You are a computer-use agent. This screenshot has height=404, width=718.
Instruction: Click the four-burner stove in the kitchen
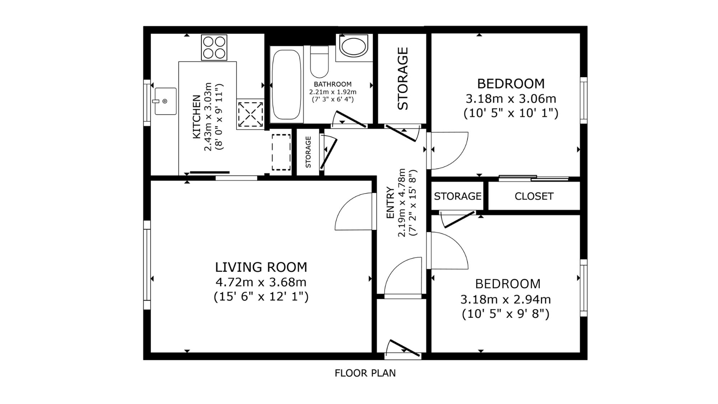click(x=214, y=47)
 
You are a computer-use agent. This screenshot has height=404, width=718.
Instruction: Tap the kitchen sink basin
click(x=165, y=101)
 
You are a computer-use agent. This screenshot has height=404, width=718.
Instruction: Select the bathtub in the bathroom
click(x=286, y=85)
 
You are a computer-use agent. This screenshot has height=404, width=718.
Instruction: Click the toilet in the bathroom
click(x=319, y=61)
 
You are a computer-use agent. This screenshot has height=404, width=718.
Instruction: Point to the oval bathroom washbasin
click(x=354, y=46)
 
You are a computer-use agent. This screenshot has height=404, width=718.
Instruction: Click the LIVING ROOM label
click(x=261, y=267)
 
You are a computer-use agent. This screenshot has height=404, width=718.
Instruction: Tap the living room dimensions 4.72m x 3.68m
click(x=261, y=282)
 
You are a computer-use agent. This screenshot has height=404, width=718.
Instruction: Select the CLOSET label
click(x=534, y=196)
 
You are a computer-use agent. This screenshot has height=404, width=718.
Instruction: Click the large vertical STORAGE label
click(x=403, y=79)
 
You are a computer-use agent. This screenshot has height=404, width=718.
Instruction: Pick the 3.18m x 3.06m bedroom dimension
click(x=511, y=98)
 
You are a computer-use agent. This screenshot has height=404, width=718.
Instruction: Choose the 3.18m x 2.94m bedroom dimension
click(x=505, y=299)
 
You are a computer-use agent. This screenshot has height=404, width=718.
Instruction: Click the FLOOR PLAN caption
click(x=365, y=373)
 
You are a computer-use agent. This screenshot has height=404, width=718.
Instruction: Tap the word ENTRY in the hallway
click(x=390, y=203)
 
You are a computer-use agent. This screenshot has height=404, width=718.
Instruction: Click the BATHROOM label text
click(x=332, y=84)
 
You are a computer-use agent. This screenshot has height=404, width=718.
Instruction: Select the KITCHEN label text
click(x=196, y=116)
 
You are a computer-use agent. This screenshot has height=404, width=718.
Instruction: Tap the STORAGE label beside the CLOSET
click(x=458, y=196)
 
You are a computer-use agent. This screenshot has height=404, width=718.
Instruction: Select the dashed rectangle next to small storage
click(x=281, y=152)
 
